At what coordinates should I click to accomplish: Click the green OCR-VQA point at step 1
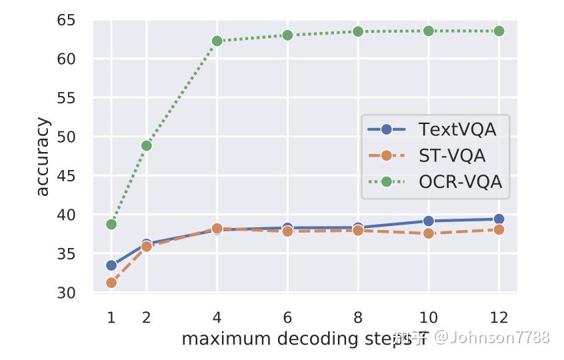(111, 224)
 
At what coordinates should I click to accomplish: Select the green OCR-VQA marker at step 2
(147, 145)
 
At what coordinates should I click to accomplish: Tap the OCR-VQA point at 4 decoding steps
(217, 41)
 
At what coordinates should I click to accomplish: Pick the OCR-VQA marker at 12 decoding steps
(499, 31)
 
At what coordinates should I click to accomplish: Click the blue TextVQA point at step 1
(111, 265)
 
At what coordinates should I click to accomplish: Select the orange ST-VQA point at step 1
(111, 283)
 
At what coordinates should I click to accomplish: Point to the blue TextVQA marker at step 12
(499, 219)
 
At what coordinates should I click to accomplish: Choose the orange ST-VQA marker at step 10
(429, 233)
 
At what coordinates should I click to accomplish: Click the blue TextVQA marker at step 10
(429, 221)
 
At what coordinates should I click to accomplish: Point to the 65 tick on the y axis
(66, 20)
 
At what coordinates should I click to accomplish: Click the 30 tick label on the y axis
(66, 293)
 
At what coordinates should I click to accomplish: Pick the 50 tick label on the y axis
(66, 137)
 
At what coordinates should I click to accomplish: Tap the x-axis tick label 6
(287, 317)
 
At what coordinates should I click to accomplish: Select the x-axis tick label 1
(111, 317)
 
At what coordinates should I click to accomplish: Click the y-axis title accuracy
(42, 157)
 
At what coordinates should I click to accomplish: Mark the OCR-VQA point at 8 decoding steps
(358, 31)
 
